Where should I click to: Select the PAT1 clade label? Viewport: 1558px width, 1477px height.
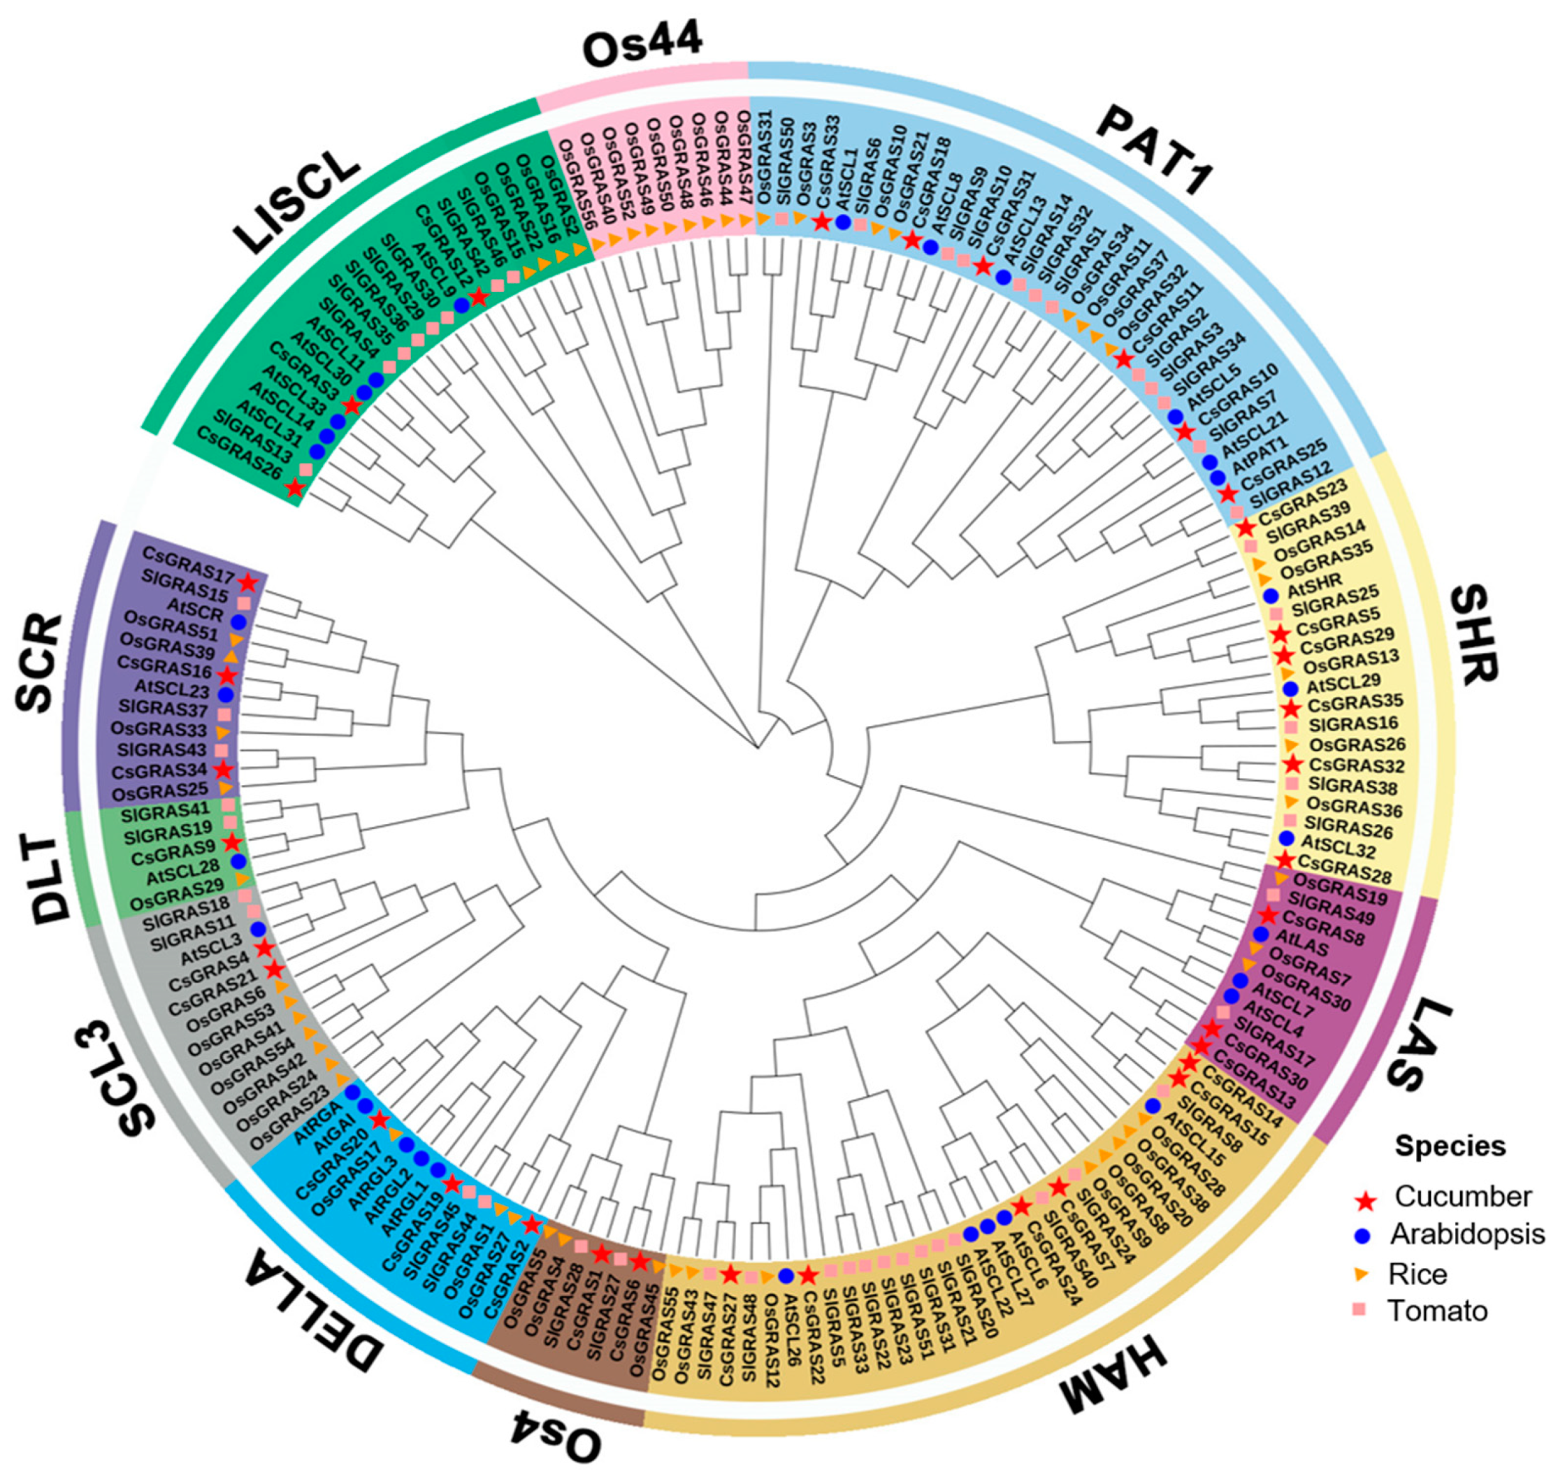coord(1153,150)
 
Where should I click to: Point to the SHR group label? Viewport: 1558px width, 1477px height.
coord(1473,635)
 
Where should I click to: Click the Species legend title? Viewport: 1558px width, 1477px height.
coord(1450,1146)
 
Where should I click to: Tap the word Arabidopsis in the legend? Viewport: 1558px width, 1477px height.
coord(1466,1234)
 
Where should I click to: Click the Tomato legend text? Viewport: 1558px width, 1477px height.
coord(1437,1310)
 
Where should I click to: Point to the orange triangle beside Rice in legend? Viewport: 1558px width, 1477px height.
coord(1365,1272)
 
